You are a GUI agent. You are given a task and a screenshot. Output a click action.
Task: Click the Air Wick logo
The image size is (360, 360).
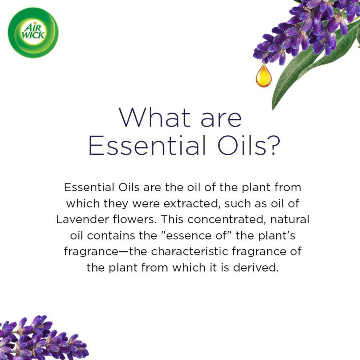coord(33,33)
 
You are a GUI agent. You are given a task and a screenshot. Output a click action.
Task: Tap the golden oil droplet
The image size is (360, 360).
coord(264,76)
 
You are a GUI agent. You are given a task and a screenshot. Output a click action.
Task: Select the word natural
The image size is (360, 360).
coord(290,219)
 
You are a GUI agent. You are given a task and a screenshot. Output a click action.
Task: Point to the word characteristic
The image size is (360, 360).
coord(190,252)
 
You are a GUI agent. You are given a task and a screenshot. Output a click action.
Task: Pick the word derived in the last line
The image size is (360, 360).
coord(256,268)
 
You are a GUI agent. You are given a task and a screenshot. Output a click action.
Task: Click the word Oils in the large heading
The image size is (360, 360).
coord(242,145)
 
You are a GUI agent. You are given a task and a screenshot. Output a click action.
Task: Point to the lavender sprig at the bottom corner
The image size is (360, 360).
coord(41,339)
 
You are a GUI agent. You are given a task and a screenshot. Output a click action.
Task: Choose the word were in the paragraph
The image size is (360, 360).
coord(146,204)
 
